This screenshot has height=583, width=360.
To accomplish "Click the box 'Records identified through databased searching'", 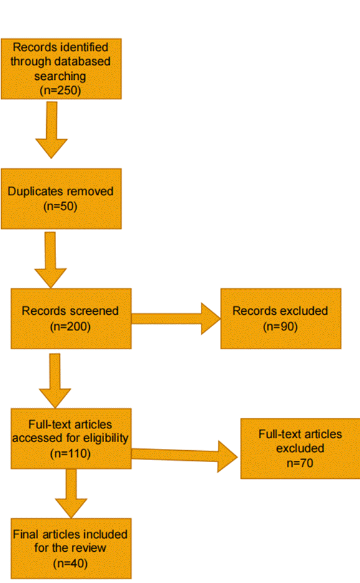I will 61,69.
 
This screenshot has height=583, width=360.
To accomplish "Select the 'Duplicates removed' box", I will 61,198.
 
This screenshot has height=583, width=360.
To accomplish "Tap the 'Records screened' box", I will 71,318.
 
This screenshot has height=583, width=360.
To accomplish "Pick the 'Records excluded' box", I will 280,318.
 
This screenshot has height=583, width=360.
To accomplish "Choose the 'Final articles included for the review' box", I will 71,548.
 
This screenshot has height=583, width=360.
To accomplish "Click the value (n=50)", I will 61,206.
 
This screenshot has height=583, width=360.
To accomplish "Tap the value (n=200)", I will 70,325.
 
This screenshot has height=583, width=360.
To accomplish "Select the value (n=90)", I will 280,325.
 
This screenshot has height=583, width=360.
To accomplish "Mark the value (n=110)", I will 70,453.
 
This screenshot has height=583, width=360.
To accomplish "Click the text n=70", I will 300,463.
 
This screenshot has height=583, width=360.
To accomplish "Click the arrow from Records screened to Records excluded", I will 175,319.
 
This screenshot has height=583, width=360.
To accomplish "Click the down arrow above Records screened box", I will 51,260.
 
